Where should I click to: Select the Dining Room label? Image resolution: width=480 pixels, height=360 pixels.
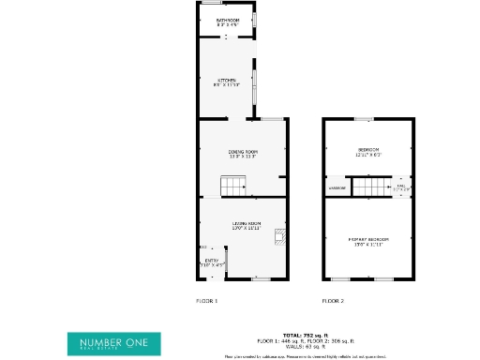click(243, 151)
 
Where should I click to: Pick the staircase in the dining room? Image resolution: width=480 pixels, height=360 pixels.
click(232, 188)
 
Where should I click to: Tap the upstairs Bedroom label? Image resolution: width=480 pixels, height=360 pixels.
click(367, 150)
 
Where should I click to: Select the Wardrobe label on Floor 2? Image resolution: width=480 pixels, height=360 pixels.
click(337, 188)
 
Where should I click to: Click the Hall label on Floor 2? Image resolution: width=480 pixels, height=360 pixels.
click(401, 186)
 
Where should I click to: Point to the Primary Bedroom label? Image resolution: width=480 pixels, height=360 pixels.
click(367, 239)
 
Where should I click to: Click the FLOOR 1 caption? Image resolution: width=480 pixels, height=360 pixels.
click(206, 301)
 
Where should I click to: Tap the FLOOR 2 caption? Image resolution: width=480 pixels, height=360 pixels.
click(333, 301)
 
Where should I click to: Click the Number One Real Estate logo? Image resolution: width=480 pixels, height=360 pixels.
click(113, 343)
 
